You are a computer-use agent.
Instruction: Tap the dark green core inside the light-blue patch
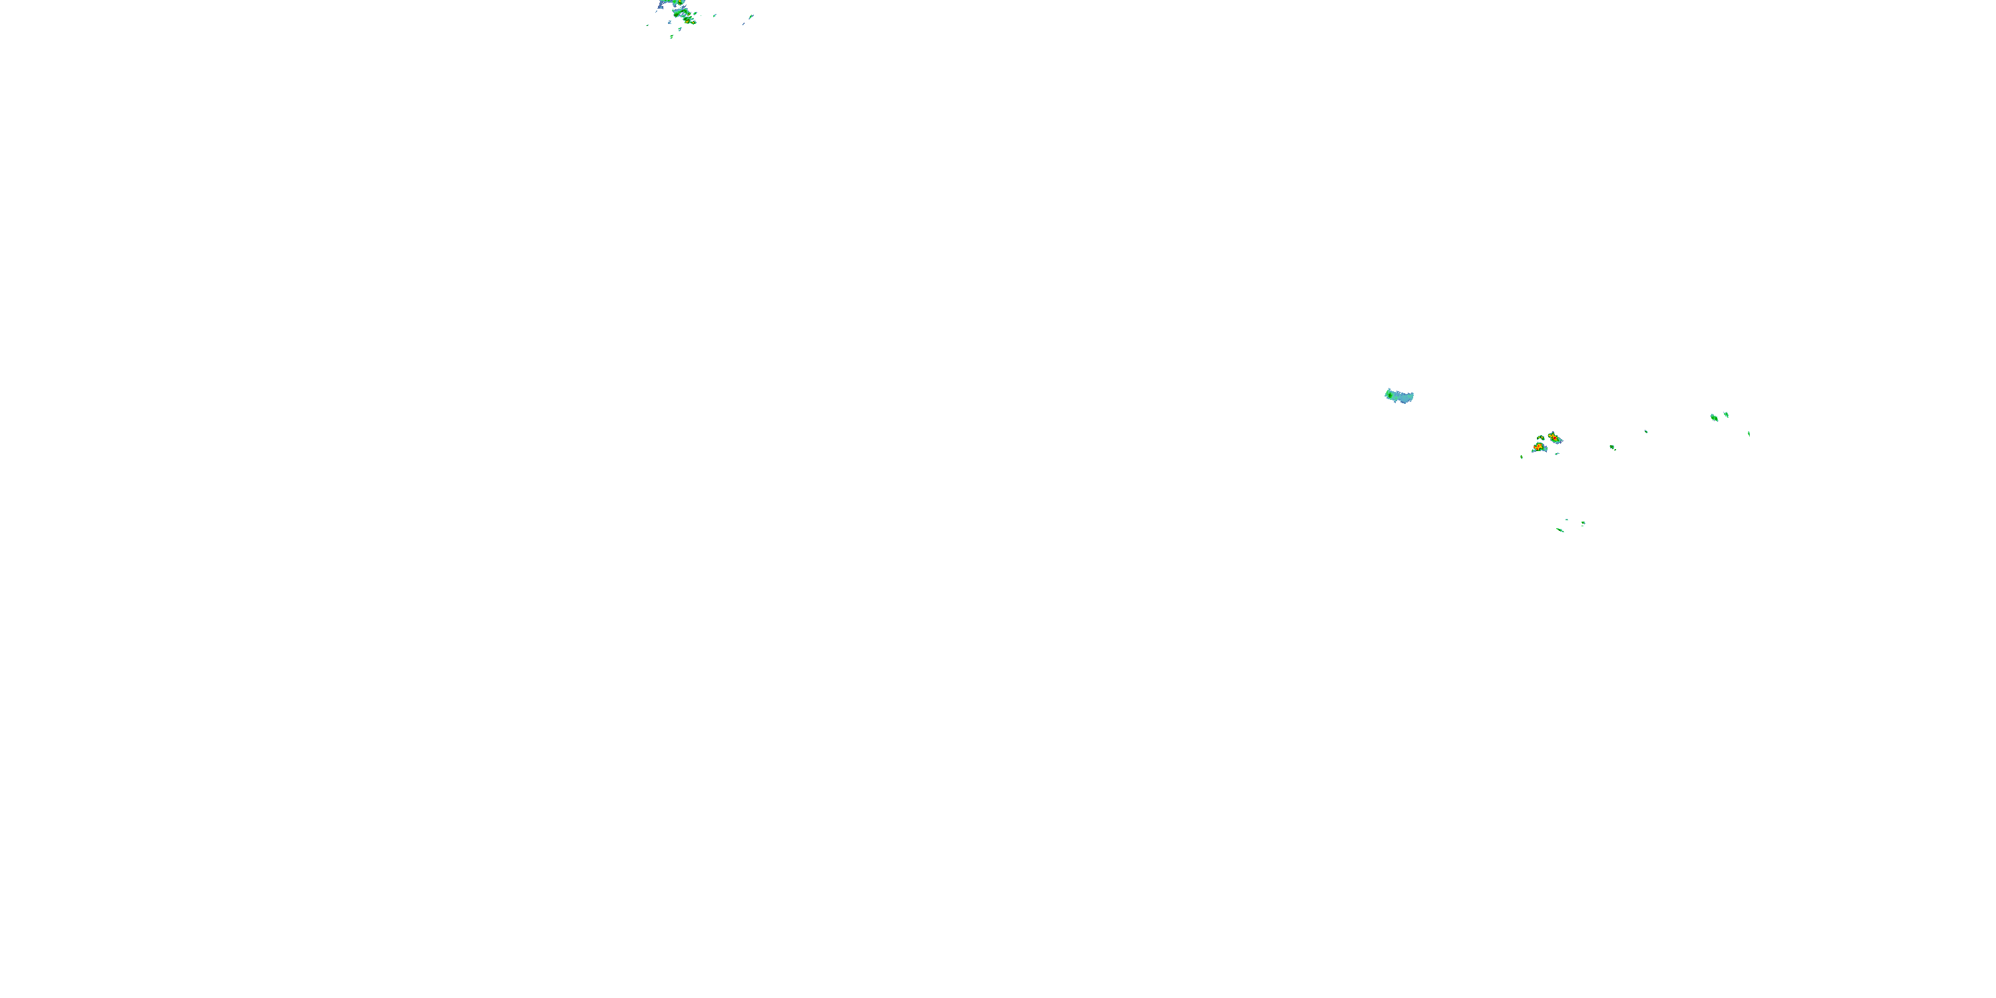click(x=1392, y=396)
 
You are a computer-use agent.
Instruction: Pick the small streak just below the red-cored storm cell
click(x=1558, y=453)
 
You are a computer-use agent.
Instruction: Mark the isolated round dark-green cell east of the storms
click(x=1613, y=447)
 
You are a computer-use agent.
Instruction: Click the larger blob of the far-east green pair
click(x=1714, y=418)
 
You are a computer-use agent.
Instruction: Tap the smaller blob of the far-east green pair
click(x=1726, y=415)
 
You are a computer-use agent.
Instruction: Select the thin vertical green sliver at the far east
click(x=1748, y=433)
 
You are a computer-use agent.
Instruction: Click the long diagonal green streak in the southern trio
click(x=1560, y=530)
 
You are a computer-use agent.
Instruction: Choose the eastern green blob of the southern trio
click(x=1583, y=523)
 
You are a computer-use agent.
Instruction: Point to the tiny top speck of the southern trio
click(x=1567, y=520)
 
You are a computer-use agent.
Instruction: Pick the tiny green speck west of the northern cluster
click(x=648, y=25)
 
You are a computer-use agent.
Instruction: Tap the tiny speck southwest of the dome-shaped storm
click(x=1521, y=456)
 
